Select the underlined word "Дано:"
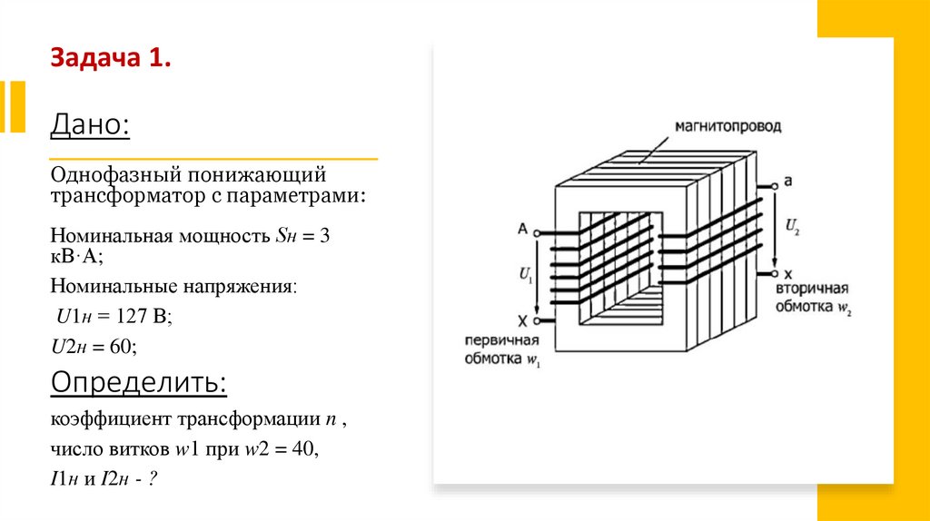(90, 124)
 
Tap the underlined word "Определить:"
(138, 382)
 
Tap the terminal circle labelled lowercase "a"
(773, 182)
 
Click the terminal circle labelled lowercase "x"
(773, 273)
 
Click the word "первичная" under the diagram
(501, 340)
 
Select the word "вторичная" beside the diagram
(812, 288)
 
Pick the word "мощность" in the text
(223, 236)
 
